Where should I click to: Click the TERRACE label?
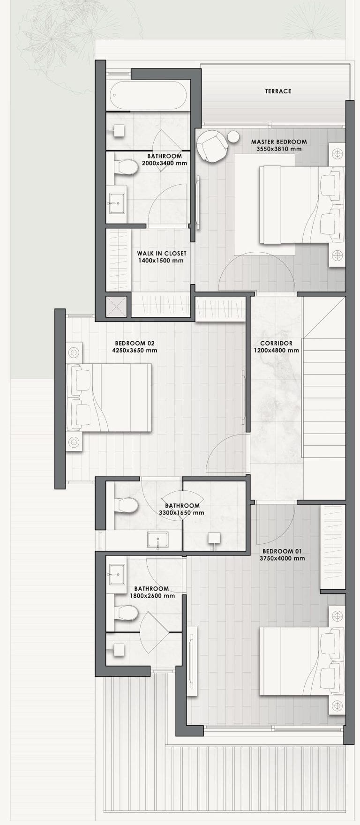click(278, 91)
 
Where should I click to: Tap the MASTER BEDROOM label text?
click(279, 142)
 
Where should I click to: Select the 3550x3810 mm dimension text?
click(279, 149)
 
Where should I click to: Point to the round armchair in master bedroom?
click(211, 146)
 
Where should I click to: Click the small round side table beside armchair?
click(233, 137)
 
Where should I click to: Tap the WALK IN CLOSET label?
click(162, 254)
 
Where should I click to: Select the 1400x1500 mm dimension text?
click(162, 261)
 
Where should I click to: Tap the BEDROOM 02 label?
click(135, 343)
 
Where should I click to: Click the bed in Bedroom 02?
click(109, 397)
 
